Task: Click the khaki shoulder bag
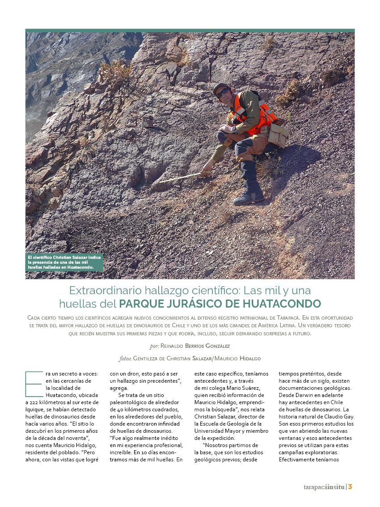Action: [x=278, y=134]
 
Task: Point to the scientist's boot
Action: [x=249, y=197]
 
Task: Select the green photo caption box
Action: [x=64, y=262]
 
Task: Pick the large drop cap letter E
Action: [x=34, y=383]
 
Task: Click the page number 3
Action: [x=350, y=487]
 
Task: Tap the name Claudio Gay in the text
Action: [x=339, y=417]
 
